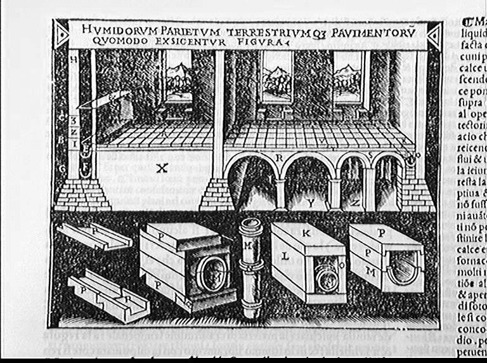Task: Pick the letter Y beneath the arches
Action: click(311, 203)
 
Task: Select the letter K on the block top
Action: click(306, 234)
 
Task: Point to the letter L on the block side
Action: click(285, 256)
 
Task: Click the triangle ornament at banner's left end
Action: click(62, 31)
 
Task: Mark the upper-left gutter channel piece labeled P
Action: click(93, 236)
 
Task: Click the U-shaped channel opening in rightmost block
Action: click(402, 268)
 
